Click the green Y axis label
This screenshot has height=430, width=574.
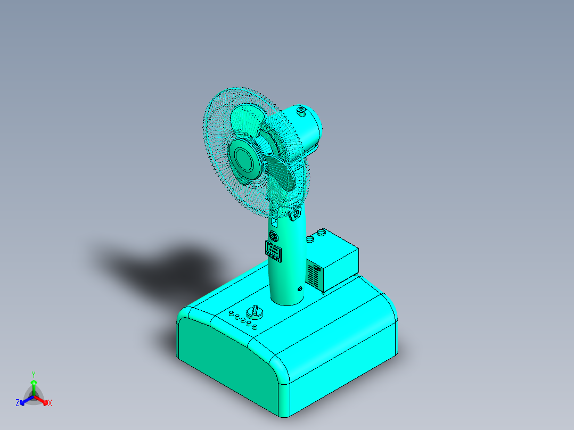tap(33, 374)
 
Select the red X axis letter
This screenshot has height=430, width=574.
tap(50, 403)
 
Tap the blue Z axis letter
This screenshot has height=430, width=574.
tap(18, 403)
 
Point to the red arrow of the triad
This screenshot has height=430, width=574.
tap(44, 401)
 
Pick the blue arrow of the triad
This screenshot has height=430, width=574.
tap(23, 401)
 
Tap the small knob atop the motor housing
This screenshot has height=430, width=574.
tap(301, 111)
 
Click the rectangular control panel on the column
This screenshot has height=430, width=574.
tap(274, 251)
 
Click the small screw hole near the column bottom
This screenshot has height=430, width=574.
tap(300, 289)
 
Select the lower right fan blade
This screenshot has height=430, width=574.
tap(283, 173)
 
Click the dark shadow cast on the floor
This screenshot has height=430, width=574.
tap(160, 261)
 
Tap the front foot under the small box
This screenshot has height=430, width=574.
tap(323, 291)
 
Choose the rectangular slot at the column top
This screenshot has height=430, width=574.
tap(275, 220)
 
